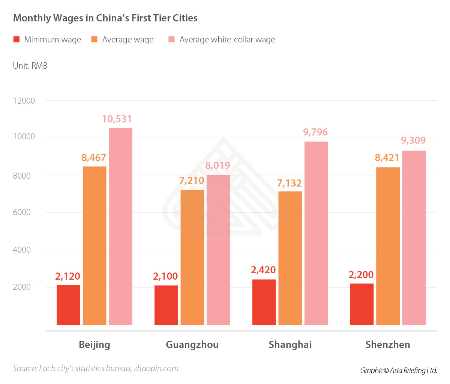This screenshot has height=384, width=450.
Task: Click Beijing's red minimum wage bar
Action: coord(68,305)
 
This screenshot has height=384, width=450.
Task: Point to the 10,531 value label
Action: coord(117,119)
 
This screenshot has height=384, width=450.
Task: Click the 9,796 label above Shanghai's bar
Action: coord(315,132)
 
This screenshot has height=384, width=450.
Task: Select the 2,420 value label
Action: coord(263,270)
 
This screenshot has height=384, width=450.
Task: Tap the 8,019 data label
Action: coord(217,166)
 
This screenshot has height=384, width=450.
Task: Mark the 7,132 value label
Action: coord(289,183)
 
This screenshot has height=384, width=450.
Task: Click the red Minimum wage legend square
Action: coord(16,39)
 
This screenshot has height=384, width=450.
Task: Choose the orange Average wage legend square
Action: coord(94,39)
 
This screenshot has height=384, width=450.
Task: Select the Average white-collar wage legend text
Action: coord(227,40)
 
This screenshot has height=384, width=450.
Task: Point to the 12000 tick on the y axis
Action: coord(24,101)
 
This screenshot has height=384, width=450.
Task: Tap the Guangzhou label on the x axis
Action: coord(192,345)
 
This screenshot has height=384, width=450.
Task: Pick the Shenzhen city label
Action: coord(388,345)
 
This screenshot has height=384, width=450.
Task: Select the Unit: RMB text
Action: coord(30,66)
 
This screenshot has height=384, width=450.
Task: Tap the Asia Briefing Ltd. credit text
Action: coord(413,370)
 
